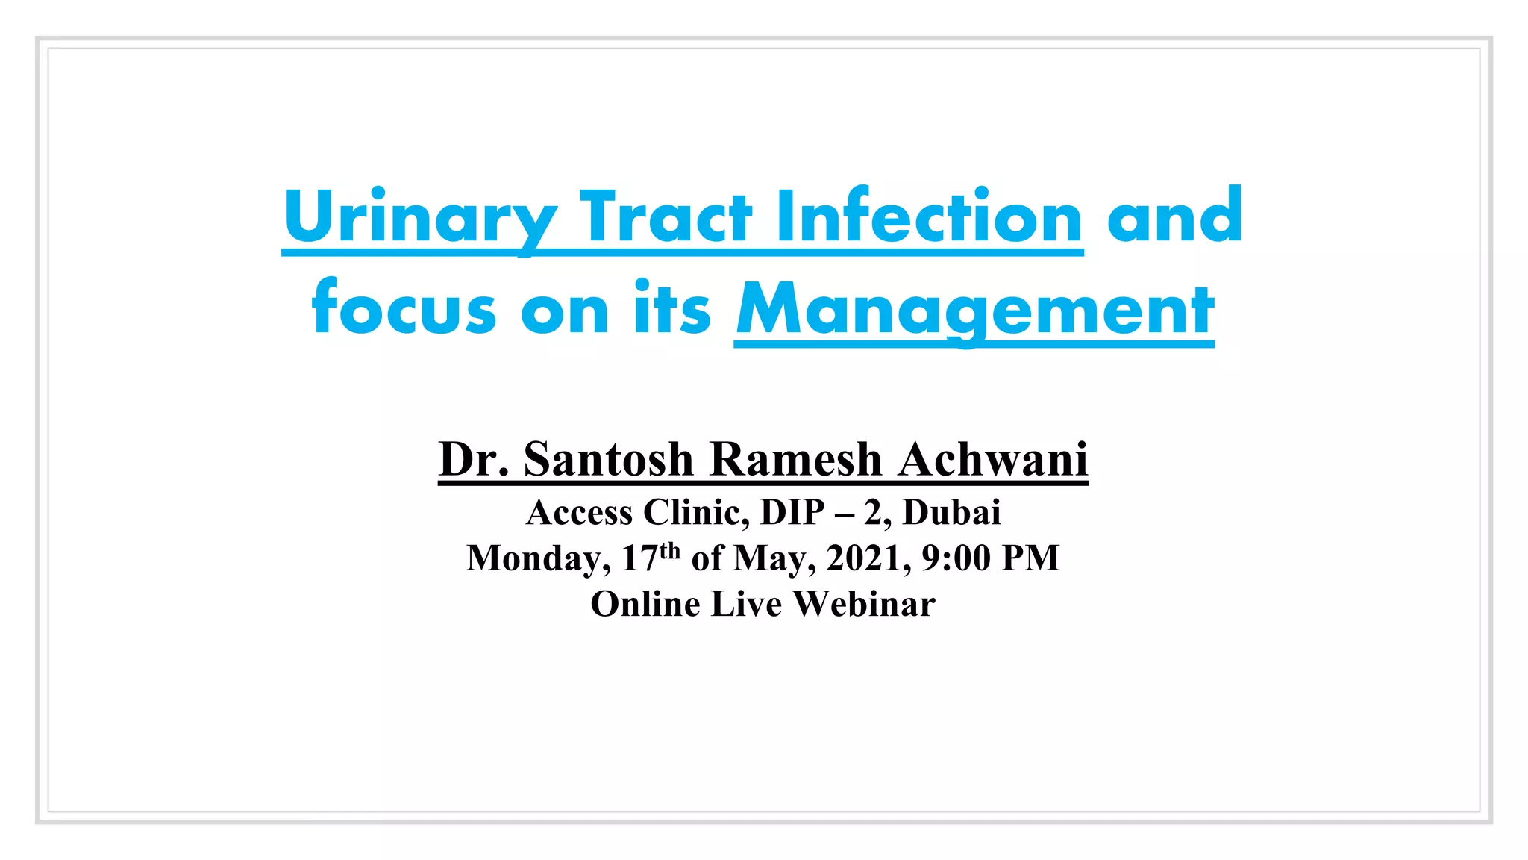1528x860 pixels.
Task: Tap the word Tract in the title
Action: point(666,217)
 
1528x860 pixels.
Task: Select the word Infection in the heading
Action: point(929,217)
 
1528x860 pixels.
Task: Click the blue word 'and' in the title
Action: point(1174,217)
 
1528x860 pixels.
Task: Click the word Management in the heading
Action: point(974,310)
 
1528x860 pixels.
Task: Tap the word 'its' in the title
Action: point(672,308)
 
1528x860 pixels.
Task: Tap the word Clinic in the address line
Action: point(695,513)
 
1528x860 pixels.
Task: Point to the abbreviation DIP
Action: point(792,513)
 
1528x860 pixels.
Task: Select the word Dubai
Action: point(951,513)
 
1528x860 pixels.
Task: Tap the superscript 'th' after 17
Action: point(670,552)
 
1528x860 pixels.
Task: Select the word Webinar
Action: point(864,604)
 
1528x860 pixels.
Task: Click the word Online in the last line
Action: point(645,604)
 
